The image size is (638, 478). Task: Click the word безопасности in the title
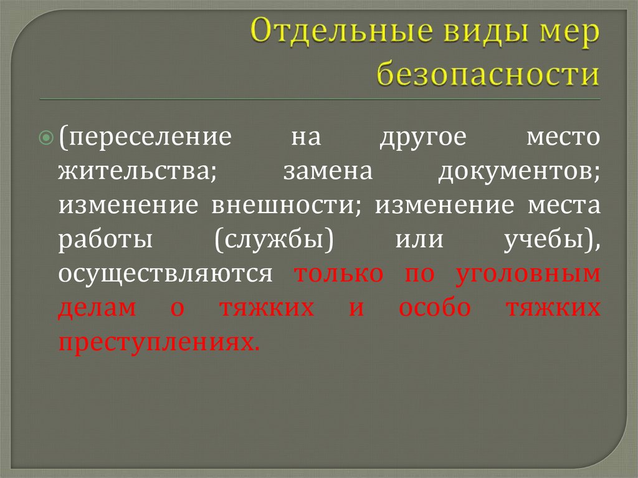click(x=488, y=74)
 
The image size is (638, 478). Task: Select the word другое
click(x=422, y=137)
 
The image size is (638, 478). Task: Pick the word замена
click(x=328, y=171)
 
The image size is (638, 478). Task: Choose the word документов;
click(x=520, y=171)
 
